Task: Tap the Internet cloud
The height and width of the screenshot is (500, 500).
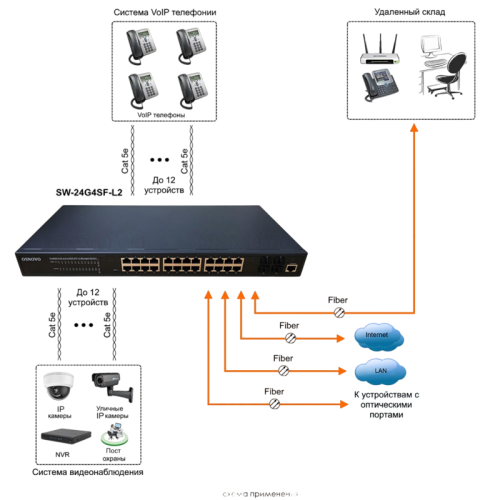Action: [x=376, y=335]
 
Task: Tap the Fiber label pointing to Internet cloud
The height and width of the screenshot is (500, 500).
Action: [x=289, y=325]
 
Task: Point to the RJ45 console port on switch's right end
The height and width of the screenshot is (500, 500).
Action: [x=289, y=267]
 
